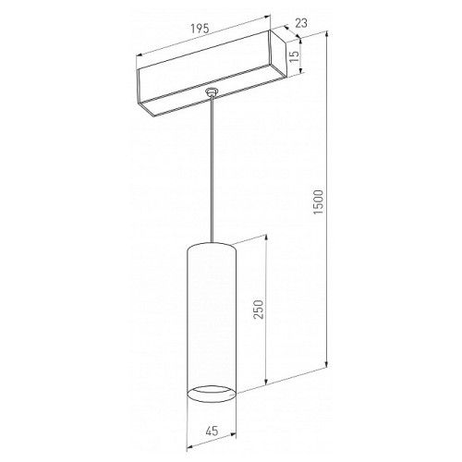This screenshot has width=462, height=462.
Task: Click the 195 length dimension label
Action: click(200, 29)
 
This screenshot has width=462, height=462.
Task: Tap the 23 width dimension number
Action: click(301, 23)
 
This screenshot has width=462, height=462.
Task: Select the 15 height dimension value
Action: click(295, 56)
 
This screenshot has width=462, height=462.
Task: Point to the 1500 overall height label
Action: click(318, 202)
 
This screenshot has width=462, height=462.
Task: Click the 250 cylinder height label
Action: click(259, 310)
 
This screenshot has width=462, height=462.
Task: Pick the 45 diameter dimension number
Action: click(212, 431)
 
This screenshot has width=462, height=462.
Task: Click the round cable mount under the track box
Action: click(212, 91)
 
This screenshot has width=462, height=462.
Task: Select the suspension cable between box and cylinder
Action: click(212, 169)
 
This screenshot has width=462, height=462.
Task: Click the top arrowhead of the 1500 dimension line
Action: click(326, 34)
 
